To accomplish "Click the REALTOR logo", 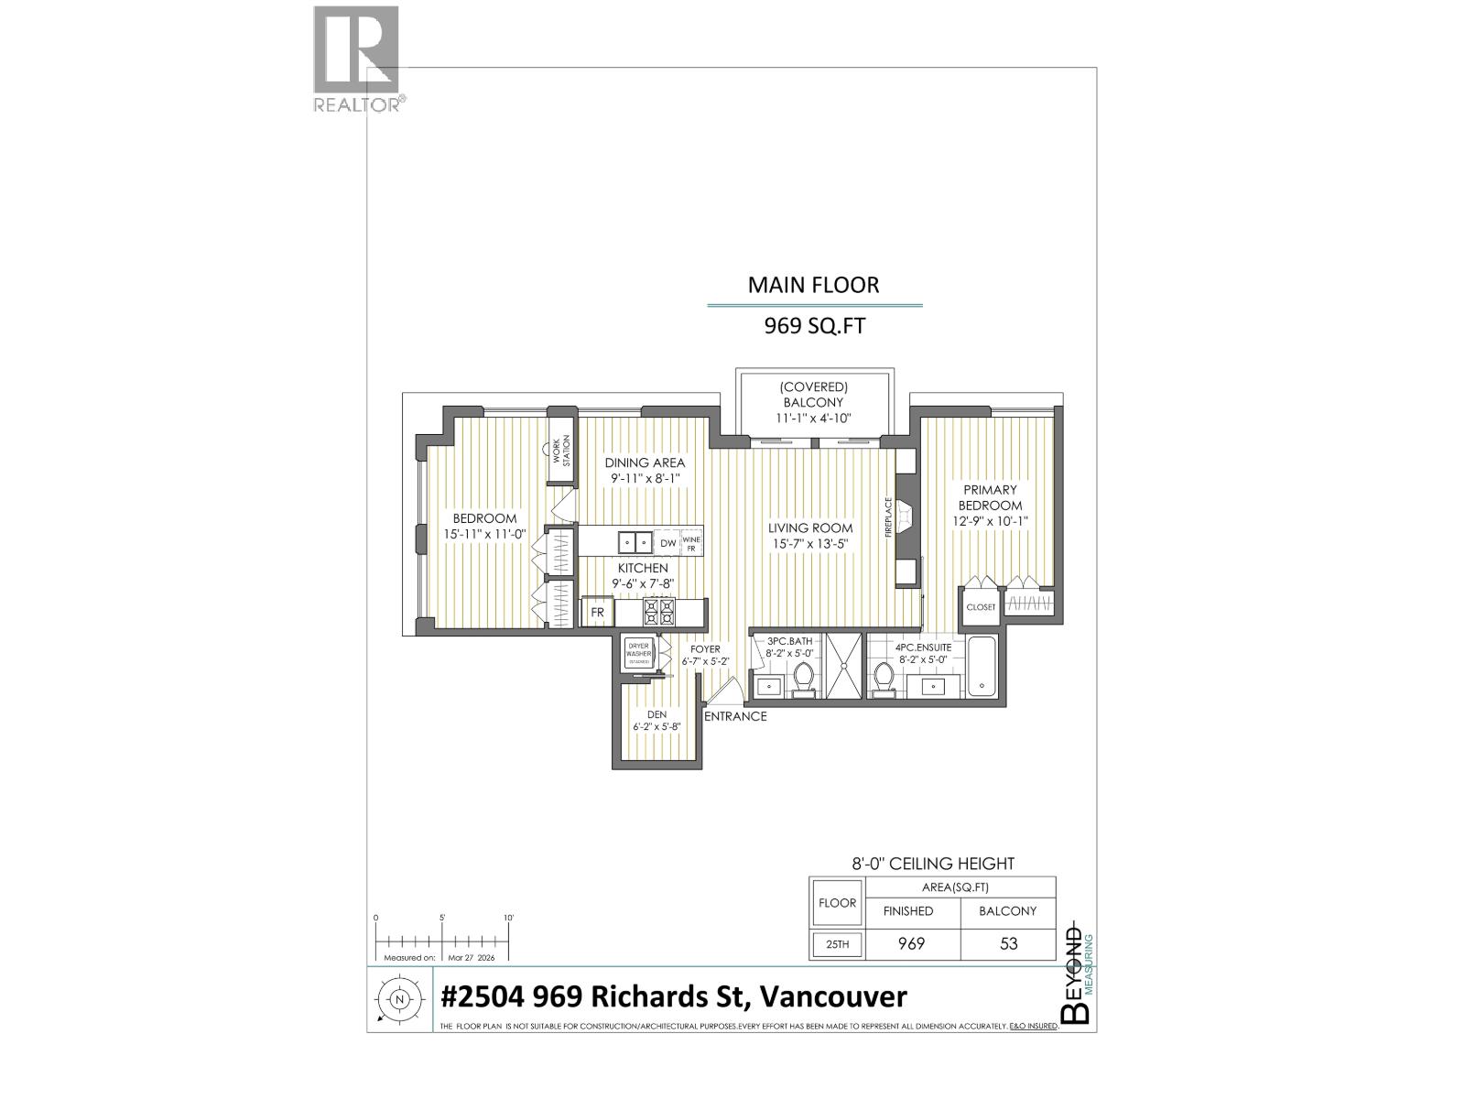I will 356,58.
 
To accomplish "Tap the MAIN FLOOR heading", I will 813,285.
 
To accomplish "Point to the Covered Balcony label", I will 812,402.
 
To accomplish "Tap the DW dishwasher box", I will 667,543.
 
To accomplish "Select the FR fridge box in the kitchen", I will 597,612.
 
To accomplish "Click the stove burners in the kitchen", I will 659,611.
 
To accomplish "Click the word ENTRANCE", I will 735,716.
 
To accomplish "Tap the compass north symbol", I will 399,999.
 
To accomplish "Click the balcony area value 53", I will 1008,943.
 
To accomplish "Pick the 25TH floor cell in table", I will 837,944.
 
